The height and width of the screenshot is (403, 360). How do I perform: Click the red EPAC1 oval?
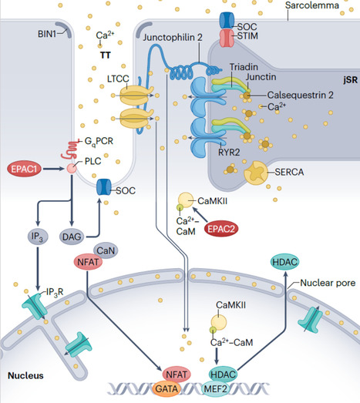click(24, 169)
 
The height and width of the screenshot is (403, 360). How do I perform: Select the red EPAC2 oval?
click(221, 229)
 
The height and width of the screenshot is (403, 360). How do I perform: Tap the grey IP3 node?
click(38, 237)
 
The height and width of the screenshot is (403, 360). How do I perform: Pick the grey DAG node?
click(72, 237)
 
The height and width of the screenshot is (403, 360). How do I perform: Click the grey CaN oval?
click(106, 250)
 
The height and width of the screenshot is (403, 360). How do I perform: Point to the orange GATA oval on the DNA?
click(167, 389)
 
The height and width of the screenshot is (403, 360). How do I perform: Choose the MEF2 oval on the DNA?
click(216, 389)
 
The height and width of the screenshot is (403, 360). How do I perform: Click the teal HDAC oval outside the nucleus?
click(285, 262)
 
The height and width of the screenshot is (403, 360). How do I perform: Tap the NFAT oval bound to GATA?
click(177, 374)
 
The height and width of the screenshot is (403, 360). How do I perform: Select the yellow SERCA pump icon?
click(256, 173)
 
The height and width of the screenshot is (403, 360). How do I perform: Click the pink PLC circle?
click(72, 168)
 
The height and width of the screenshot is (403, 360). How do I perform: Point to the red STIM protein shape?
click(227, 38)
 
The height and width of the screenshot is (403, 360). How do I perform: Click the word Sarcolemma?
click(312, 5)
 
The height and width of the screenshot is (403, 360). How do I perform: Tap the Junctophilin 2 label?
click(173, 37)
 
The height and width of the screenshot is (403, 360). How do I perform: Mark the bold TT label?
click(106, 55)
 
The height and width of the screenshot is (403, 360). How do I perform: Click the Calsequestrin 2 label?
click(301, 95)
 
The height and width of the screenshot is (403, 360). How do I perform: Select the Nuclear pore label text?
click(328, 283)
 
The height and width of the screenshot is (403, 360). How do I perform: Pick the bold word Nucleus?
click(25, 375)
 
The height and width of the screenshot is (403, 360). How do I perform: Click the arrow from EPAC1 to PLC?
click(53, 169)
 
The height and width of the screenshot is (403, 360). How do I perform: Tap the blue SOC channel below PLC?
click(103, 187)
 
